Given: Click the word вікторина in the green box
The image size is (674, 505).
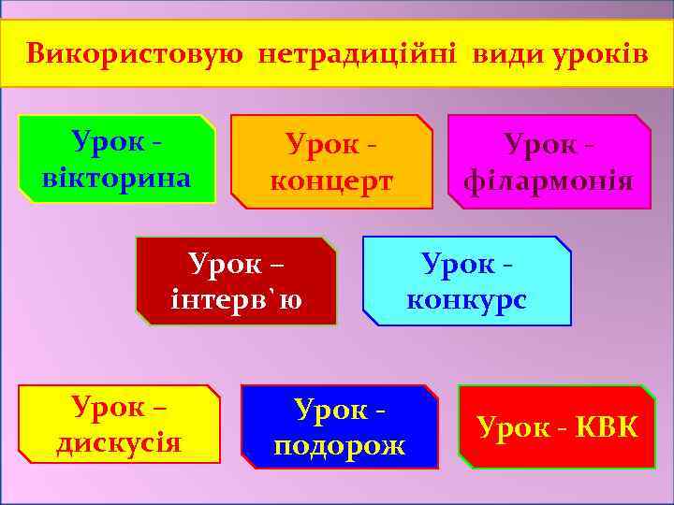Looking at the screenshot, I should [117, 177].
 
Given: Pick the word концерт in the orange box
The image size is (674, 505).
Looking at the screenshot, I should [331, 180].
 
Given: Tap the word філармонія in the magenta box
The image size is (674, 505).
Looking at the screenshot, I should [549, 180].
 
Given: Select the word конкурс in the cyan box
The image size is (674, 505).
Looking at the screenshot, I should [466, 300].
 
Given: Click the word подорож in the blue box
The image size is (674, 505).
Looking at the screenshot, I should [339, 445].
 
